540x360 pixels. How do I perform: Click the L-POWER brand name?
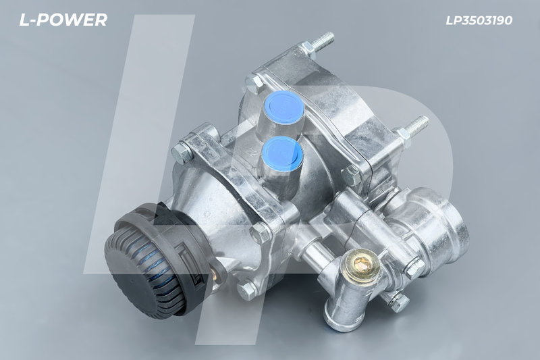tap(63, 20)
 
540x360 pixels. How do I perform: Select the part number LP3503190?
tap(479, 20)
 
